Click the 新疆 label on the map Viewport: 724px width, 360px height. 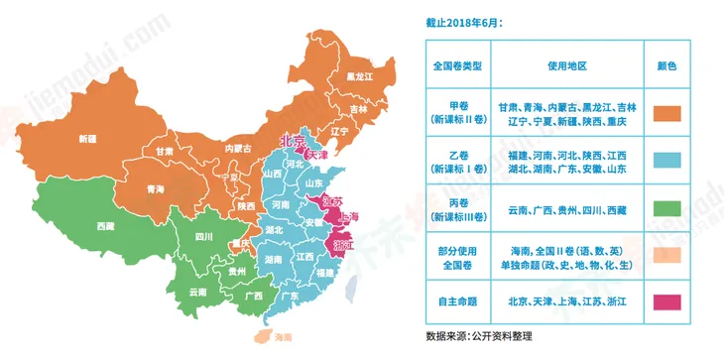coord(88,139)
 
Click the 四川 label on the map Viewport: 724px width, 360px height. coord(204,237)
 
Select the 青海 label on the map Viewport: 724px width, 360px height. coord(155,188)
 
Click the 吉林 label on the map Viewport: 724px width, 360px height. coord(359,109)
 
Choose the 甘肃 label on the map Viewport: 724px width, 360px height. coord(164,152)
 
